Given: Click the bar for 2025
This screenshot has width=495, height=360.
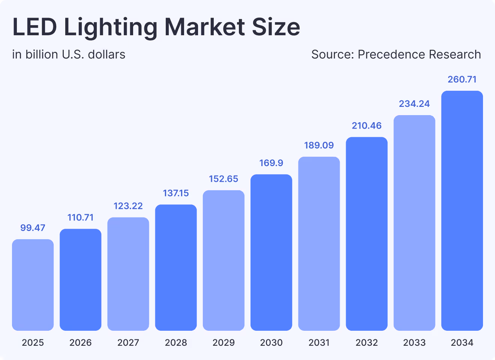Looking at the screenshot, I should pos(33,285).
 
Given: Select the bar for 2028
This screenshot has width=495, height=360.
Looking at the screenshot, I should pos(176,267).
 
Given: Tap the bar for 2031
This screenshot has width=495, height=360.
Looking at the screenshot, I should pos(319,244).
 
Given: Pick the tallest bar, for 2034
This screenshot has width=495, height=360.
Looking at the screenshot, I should pos(462,211).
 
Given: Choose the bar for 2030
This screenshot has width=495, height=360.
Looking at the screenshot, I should pos(271,252).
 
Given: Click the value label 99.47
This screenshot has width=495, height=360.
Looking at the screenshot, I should pos(33,228).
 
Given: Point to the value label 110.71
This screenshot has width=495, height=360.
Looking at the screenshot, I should pos(80,217).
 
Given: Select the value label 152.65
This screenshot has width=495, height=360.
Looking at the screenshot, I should pos(223,179).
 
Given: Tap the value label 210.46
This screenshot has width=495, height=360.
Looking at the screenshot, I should pos(366,126).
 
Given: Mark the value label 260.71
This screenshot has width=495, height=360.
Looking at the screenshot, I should pos(462,79).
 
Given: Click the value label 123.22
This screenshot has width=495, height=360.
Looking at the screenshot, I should pos(128,206).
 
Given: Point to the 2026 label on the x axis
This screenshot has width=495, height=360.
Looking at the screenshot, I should pos(80,342).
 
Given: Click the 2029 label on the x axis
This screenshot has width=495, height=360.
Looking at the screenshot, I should pos(223,342).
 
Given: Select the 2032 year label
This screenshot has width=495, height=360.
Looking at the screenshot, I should pos(366,342).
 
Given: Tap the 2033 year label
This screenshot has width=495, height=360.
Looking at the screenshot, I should pos(414,342).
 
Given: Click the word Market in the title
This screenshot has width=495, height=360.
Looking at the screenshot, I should pos(204,27).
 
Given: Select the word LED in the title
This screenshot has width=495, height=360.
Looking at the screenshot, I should pos(34,27).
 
